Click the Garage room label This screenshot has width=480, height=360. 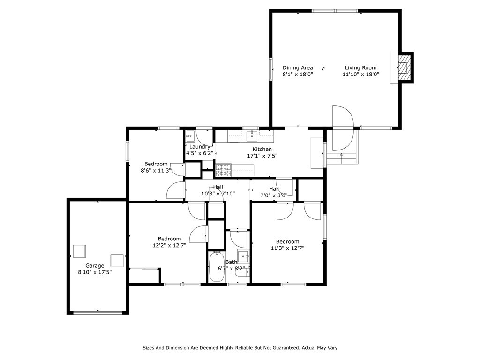tap(95, 266)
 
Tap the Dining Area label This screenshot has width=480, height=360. tap(298, 67)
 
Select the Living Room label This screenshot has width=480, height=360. tap(360, 67)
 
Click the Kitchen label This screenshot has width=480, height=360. tap(262, 149)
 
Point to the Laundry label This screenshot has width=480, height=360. tap(200, 147)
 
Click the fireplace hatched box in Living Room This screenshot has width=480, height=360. tap(405, 67)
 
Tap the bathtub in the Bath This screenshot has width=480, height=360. tap(217, 267)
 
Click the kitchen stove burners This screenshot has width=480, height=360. tap(223, 170)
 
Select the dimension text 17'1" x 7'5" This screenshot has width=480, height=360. tap(262, 156)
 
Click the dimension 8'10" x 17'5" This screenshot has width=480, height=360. tap(95, 272)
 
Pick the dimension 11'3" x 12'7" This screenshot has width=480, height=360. tap(287, 248)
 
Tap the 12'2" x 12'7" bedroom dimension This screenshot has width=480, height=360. tap(169, 245)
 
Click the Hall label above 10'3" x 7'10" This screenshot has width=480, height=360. tap(218, 187)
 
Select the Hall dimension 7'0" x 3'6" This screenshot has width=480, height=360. tap(274, 195)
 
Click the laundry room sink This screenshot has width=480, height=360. tap(190, 136)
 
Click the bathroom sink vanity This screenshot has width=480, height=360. tap(244, 256)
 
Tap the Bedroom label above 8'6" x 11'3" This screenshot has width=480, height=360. tap(156, 164)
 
